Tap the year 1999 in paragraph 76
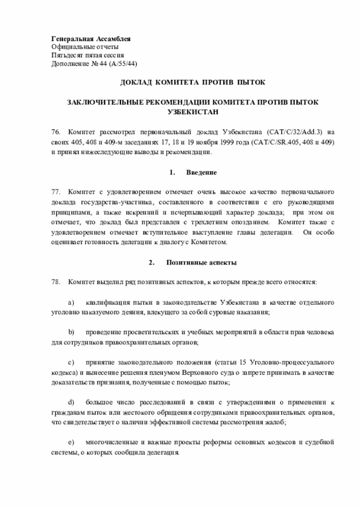[x=198, y=141]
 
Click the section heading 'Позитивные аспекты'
[x=201, y=263]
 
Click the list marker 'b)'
[x=71, y=331]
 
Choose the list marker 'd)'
[x=71, y=402]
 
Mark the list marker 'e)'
[x=71, y=443]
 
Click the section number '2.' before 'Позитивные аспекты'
[x=151, y=263]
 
